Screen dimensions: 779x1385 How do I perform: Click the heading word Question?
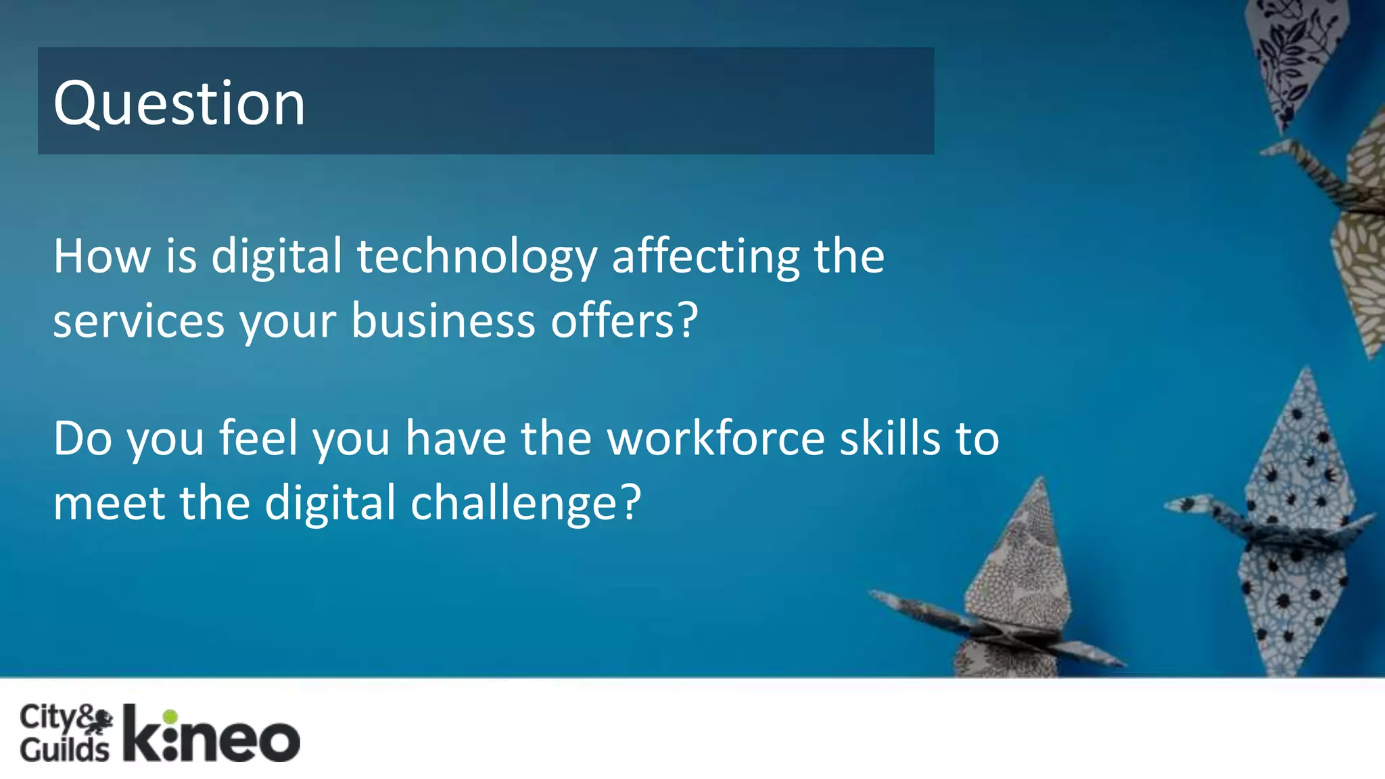point(179,103)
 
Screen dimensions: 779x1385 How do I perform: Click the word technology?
point(477,257)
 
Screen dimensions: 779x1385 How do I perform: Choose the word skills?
point(890,439)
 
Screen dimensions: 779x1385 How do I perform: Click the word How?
point(102,257)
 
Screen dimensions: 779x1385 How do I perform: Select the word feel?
point(258,439)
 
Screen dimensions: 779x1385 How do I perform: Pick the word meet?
point(109,503)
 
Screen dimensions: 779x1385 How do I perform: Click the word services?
point(139,321)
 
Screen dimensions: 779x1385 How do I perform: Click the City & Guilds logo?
point(66,733)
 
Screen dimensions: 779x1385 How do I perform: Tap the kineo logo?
point(211,734)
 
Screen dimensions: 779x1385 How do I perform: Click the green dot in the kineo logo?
point(170,716)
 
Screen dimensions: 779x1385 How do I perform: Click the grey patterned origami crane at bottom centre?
point(1014,595)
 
